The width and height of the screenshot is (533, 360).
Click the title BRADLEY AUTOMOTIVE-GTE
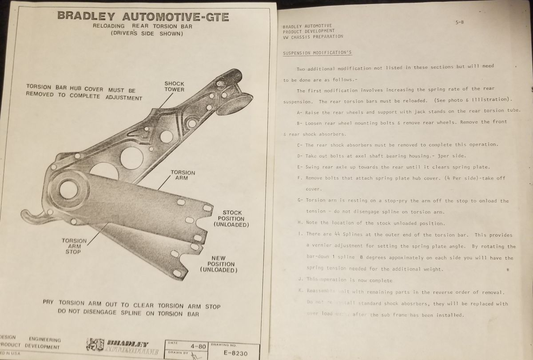(143, 16)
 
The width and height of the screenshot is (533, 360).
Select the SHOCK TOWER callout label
(174, 86)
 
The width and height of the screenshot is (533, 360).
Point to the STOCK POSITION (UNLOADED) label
(231, 219)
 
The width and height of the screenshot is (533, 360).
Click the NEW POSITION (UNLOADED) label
(219, 264)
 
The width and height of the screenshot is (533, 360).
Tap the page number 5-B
(460, 22)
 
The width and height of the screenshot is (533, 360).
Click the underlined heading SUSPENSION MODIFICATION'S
(317, 53)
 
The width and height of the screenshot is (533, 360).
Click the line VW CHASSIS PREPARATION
(313, 37)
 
